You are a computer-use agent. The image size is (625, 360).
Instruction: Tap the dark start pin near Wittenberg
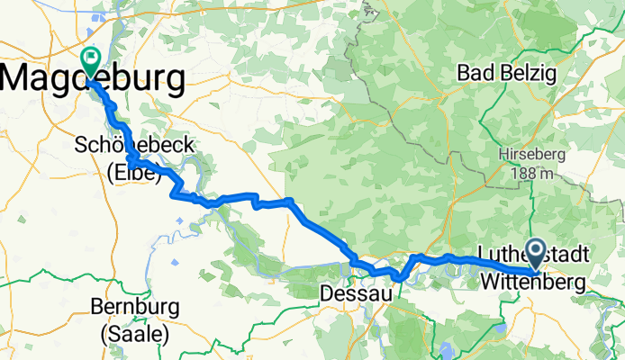pos(535,253)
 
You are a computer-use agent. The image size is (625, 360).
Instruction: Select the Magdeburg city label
pos(94,79)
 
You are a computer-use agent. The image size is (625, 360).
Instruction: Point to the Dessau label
pos(351,293)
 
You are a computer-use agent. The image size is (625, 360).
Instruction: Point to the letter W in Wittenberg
pos(489,283)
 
